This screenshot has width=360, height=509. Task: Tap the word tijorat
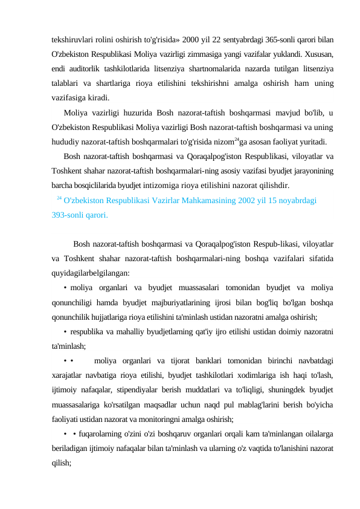(198, 361)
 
